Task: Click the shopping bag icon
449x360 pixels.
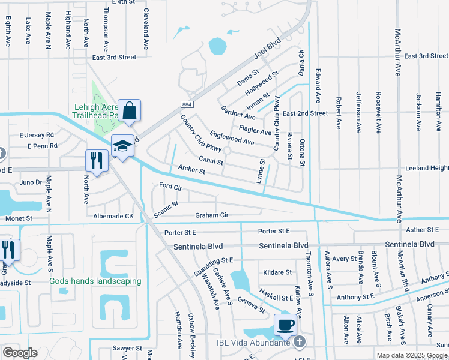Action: (x=129, y=111)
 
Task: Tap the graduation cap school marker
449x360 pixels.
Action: (x=122, y=146)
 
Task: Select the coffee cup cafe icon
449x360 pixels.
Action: (x=285, y=325)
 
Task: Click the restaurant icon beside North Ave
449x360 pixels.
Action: (x=96, y=160)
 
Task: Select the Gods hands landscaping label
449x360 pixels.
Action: (x=95, y=281)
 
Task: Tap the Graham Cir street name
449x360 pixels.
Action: (x=211, y=215)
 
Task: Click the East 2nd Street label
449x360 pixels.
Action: (x=305, y=113)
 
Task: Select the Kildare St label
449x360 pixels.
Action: (x=277, y=272)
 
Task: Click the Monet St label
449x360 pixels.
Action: (x=19, y=219)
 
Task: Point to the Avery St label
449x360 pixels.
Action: (x=345, y=259)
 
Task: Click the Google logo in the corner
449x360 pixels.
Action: (x=20, y=352)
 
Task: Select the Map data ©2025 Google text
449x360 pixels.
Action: (x=411, y=355)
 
